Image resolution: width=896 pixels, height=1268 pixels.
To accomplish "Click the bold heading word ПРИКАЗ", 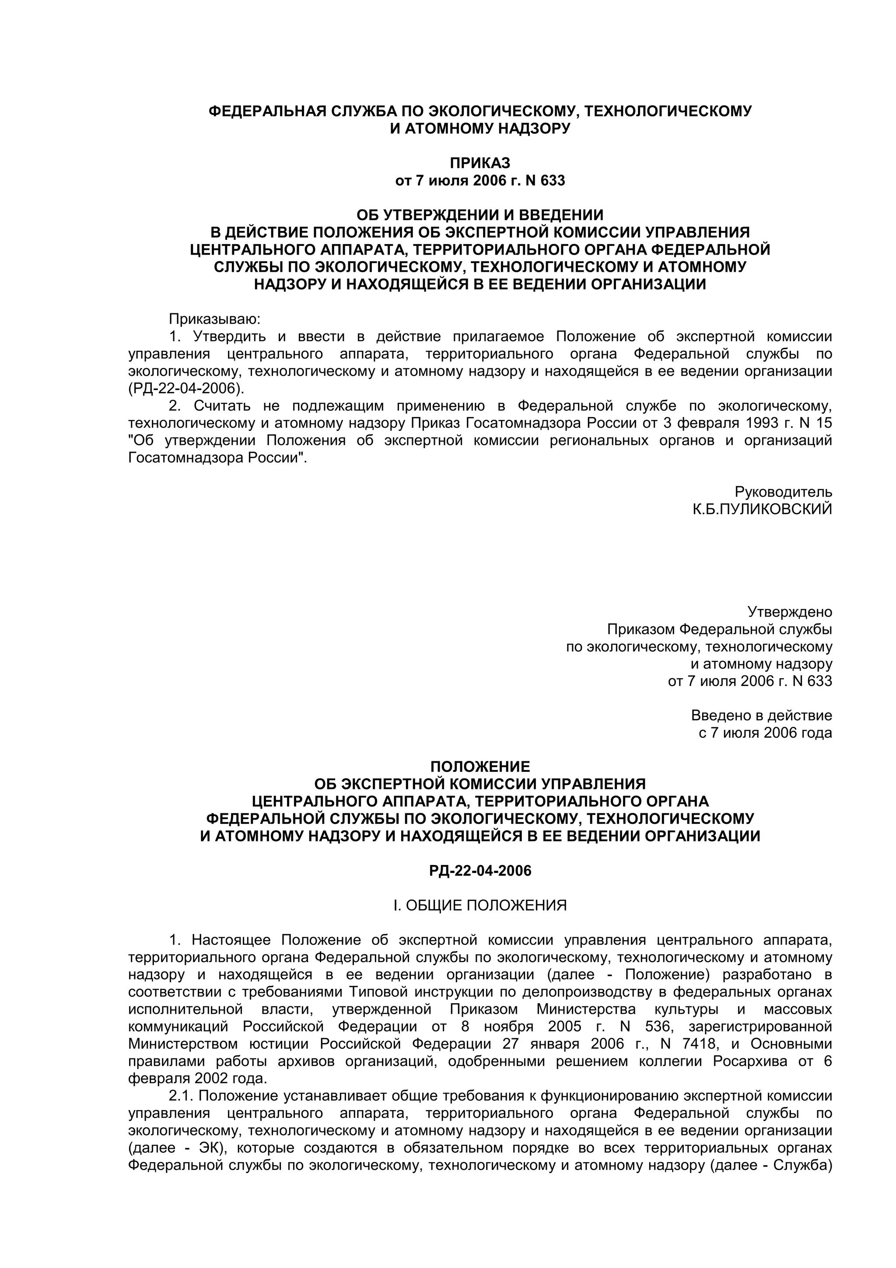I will point(480,163).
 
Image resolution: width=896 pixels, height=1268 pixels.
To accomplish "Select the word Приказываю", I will point(214,319).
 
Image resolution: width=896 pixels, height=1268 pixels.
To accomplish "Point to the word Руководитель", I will point(783,491).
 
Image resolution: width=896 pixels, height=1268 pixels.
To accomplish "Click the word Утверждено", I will point(789,612).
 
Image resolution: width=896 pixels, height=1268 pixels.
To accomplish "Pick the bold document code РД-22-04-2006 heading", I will point(480,871).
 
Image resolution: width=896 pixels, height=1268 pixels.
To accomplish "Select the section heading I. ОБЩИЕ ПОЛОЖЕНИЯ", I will point(480,906).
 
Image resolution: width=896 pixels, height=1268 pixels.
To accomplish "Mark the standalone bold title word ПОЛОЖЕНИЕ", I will point(480,767).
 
